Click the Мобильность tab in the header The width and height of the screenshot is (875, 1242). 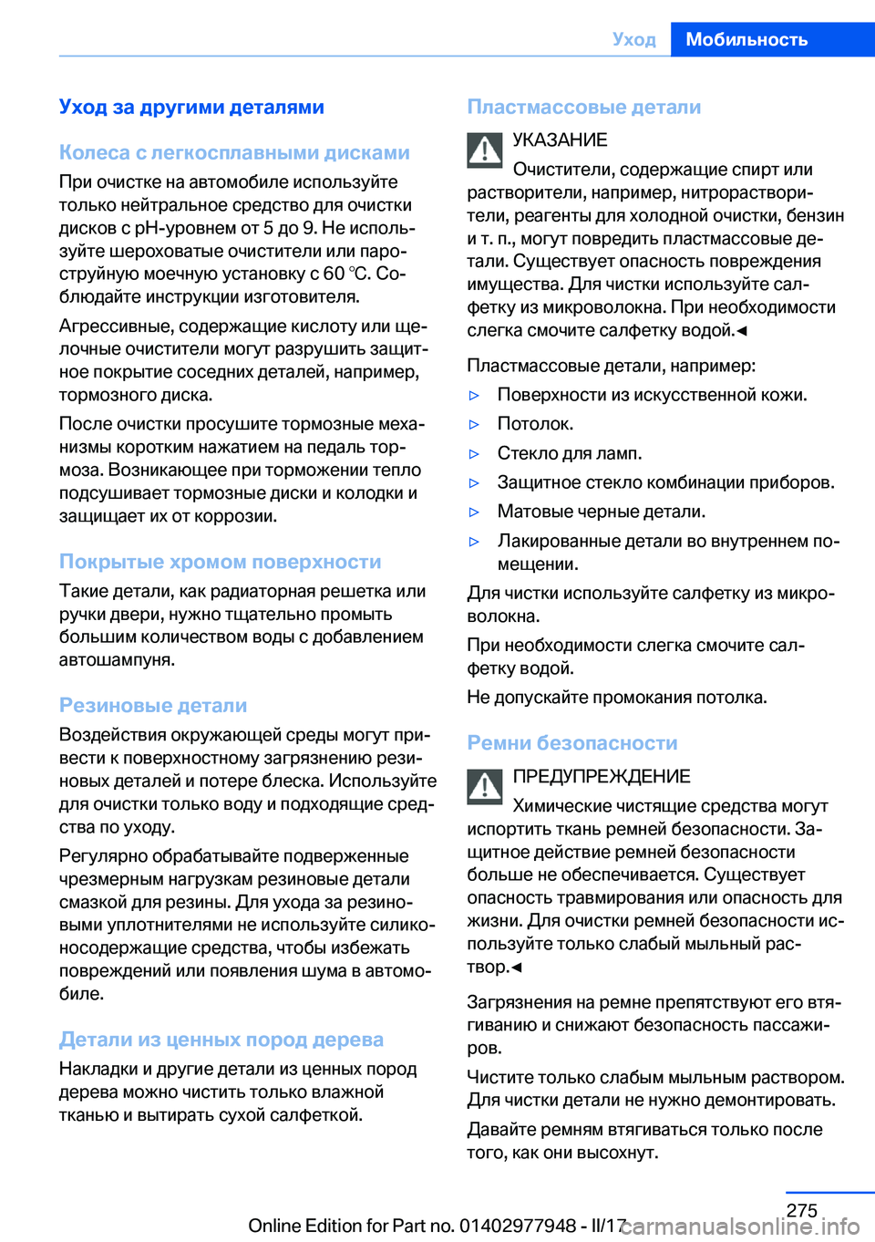(x=746, y=39)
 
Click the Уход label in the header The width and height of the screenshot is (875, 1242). (x=634, y=39)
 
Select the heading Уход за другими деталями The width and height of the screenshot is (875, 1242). (x=191, y=107)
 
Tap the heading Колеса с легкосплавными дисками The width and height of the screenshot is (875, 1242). (x=234, y=152)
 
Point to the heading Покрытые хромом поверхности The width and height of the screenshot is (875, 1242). (x=220, y=562)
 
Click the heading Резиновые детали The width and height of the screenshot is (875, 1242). (x=153, y=705)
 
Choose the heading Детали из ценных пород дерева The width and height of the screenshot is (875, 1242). (x=221, y=1040)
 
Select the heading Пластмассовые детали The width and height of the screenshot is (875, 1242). (x=583, y=107)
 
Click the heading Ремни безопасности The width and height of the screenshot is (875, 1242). (x=572, y=743)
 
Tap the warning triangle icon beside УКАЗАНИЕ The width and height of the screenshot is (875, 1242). (x=485, y=150)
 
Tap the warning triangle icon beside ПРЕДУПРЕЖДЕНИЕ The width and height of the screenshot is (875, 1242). (x=485, y=786)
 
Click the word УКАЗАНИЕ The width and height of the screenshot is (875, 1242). (x=560, y=140)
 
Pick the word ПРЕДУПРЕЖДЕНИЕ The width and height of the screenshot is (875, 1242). (x=602, y=777)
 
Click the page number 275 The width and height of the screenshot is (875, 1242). (x=801, y=1210)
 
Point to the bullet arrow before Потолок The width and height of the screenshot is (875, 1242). (x=474, y=425)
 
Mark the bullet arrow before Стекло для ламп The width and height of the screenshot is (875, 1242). (x=474, y=454)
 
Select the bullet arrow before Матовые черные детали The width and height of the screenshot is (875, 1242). (x=474, y=512)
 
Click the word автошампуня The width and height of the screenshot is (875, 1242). (x=117, y=659)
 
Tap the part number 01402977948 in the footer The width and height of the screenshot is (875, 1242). (x=518, y=1226)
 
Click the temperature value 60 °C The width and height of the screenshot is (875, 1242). (x=346, y=274)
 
